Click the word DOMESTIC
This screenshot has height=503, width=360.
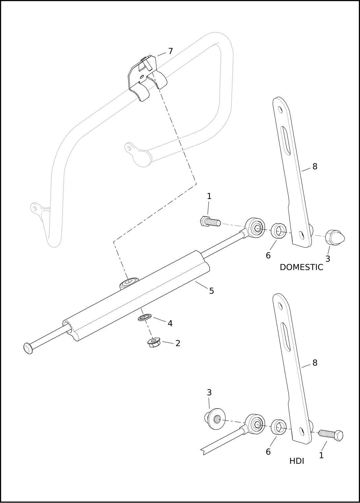(x=301, y=267)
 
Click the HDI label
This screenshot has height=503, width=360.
(x=297, y=461)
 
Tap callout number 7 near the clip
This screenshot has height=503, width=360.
(x=170, y=51)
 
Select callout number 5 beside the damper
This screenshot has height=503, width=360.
(x=212, y=291)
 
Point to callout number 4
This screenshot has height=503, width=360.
(x=170, y=324)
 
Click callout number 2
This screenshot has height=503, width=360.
(x=178, y=343)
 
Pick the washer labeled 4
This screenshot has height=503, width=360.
(x=145, y=318)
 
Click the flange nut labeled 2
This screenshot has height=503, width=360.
(x=153, y=343)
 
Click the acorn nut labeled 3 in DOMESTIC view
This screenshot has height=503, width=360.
(x=335, y=237)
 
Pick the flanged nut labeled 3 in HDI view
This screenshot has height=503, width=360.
(x=215, y=419)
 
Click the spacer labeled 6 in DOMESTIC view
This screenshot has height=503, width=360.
(x=278, y=231)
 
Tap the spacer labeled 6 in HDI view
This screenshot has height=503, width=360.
(x=278, y=427)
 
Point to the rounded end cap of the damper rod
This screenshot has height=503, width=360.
(x=28, y=348)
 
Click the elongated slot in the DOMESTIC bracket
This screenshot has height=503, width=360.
(x=285, y=141)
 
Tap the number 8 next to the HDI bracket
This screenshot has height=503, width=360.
(x=315, y=363)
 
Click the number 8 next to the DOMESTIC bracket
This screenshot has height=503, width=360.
(x=315, y=167)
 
